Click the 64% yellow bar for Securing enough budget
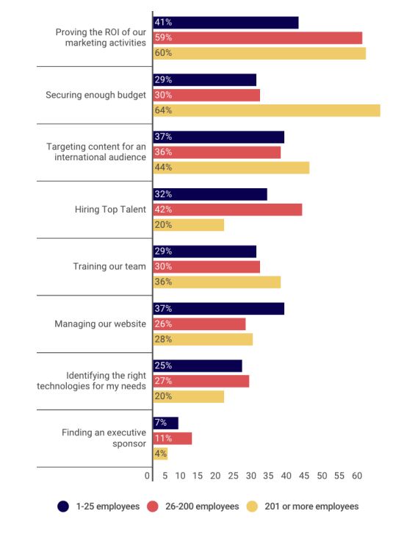[267, 110]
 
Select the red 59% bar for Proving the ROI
[258, 38]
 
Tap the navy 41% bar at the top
[226, 23]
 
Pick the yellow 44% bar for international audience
[231, 168]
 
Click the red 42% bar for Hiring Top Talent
[228, 210]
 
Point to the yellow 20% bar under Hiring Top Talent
[189, 225]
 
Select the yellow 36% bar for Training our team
[217, 282]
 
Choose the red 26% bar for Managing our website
[199, 324]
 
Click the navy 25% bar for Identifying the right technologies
[198, 365]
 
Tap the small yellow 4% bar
[160, 454]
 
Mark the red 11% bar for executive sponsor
[173, 438]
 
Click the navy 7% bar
[165, 424]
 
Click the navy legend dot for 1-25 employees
[63, 507]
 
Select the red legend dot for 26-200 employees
[153, 507]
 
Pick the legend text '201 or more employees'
[311, 507]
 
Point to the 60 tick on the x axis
[357, 476]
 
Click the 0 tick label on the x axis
[147, 476]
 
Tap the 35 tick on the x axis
[268, 476]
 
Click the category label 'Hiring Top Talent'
[110, 210]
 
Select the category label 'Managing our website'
[101, 324]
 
